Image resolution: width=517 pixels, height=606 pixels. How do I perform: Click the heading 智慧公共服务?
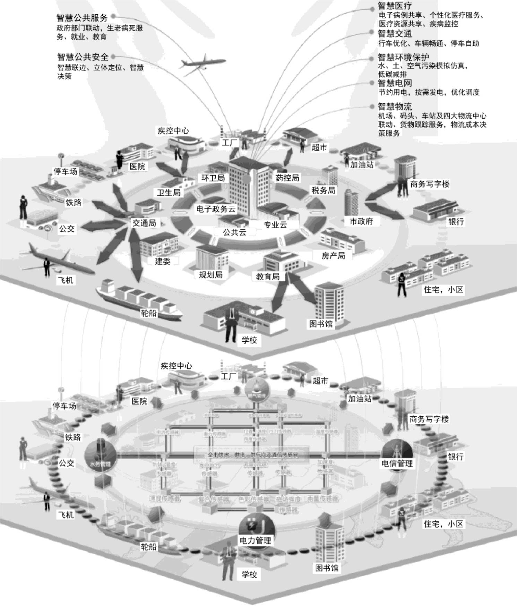[x=82, y=18]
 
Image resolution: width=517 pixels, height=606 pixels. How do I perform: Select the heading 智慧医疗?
[x=395, y=6]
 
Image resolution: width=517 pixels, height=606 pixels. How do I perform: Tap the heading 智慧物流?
[x=395, y=106]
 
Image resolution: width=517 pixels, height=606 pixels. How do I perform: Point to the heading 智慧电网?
[x=395, y=83]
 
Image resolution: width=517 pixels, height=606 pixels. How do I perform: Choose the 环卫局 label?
[x=213, y=178]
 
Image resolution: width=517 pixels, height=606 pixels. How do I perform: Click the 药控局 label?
[x=287, y=178]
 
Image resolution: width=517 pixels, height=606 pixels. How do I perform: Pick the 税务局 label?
[x=323, y=190]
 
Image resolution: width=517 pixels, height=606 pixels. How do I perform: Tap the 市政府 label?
[x=361, y=221]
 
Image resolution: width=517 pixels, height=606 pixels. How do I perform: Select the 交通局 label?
[x=144, y=223]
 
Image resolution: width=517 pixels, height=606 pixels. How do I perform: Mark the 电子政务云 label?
[x=216, y=209]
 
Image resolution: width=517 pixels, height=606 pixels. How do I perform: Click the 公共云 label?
[x=234, y=232]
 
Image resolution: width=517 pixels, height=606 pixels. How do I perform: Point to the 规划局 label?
[x=210, y=275]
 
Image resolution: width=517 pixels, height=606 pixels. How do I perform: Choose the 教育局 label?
[x=268, y=277]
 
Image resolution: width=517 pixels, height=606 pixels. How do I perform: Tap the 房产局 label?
[x=333, y=256]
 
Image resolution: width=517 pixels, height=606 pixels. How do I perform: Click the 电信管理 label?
[x=397, y=463]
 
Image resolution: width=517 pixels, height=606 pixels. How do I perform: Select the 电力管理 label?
[x=255, y=540]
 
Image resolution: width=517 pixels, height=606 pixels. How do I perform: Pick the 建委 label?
[x=163, y=261]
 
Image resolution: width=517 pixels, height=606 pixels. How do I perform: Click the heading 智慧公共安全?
[x=83, y=57]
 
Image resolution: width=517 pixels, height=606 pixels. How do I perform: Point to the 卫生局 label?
[x=169, y=193]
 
